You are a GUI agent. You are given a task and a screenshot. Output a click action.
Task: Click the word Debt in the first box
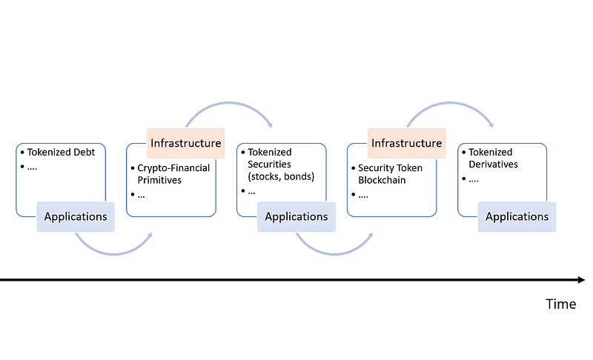pos(85,153)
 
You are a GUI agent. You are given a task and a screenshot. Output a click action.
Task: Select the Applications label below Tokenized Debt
pos(76,217)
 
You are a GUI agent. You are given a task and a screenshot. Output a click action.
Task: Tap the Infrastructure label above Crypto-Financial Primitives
pos(186,143)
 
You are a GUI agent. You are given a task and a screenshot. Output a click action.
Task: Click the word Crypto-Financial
pos(173,168)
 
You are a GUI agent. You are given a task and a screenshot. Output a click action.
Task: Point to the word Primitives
pos(159,180)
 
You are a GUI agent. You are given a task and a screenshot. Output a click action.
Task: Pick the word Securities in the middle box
pos(269,164)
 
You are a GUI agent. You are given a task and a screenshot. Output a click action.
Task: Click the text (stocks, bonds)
pos(281,176)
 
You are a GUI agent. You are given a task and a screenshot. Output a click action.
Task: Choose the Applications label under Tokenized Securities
pos(296,217)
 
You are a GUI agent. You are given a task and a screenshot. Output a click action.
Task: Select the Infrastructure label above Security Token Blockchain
pos(406,143)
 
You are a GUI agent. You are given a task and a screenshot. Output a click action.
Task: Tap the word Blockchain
pos(382,180)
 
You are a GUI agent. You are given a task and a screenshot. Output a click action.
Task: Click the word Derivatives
pos(493,164)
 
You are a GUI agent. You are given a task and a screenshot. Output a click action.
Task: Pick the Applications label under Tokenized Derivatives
pos(517,217)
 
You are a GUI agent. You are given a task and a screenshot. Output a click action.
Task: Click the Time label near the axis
pos(561,304)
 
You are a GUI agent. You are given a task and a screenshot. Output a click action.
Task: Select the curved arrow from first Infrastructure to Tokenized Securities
pos(229,103)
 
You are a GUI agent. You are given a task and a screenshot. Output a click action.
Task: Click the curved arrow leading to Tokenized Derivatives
pos(450,103)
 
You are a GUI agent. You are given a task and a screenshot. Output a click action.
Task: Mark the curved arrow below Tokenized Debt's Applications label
pos(113,253)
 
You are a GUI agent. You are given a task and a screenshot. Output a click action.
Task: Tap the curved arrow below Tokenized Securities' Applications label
pos(334,253)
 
